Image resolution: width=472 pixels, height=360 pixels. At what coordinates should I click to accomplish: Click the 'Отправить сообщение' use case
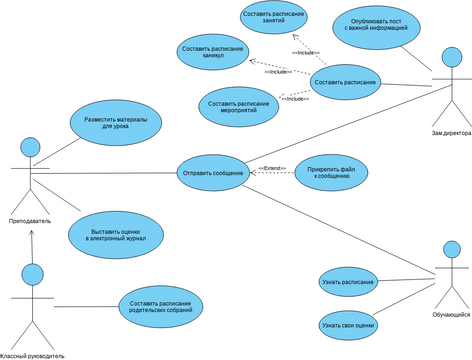click(213, 173)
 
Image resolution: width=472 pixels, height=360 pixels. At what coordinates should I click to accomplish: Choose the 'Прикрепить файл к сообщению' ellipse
click(331, 173)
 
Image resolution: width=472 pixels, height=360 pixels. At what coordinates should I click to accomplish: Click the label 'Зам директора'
click(451, 132)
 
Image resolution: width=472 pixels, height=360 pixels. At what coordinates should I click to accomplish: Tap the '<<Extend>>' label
click(273, 168)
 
